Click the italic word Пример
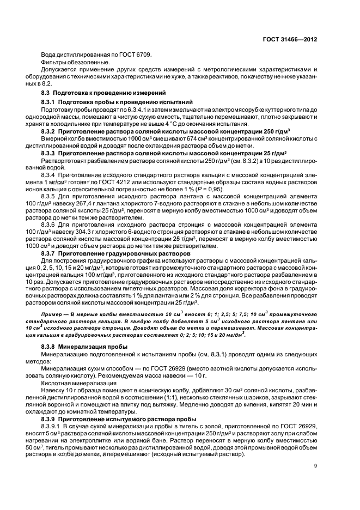[x=53, y=315]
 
